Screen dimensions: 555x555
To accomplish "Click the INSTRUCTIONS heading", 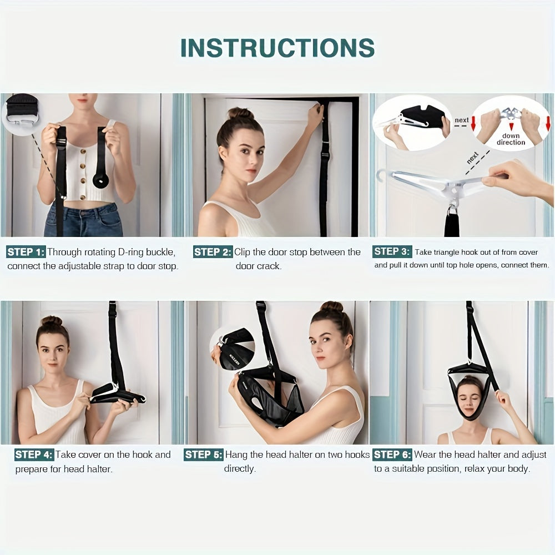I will click(277, 48).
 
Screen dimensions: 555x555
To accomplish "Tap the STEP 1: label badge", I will click(26, 252).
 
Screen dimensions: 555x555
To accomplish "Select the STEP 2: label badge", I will click(213, 252).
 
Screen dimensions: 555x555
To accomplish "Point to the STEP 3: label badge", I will click(392, 251).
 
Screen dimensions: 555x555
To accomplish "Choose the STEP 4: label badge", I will click(34, 455).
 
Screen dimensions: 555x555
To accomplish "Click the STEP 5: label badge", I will click(203, 455).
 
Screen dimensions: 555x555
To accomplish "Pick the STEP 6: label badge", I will click(392, 455).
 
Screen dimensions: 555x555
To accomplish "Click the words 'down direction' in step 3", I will click(511, 139).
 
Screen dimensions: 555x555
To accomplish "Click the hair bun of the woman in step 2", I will click(240, 114).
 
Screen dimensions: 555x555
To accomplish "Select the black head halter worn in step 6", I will click(471, 395).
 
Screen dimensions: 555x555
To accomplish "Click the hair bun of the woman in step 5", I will click(331, 307).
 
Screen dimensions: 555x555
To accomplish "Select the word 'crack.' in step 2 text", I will click(269, 266).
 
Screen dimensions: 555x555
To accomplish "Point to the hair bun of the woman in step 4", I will click(52, 321).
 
